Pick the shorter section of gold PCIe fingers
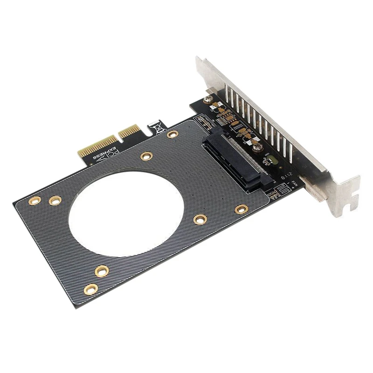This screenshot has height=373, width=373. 129,132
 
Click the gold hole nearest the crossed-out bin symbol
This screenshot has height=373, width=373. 173,134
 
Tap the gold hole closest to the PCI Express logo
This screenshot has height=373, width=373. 146,156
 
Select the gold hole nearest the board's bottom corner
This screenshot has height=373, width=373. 91,289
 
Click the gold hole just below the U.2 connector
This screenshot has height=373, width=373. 241,209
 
